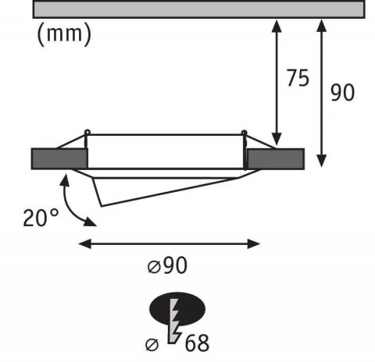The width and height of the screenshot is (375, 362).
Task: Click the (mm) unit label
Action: click(x=63, y=34)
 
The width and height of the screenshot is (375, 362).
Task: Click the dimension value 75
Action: click(x=296, y=79)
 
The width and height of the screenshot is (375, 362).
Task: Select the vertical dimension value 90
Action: click(x=342, y=92)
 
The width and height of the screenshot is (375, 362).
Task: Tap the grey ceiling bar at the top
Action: click(x=198, y=9)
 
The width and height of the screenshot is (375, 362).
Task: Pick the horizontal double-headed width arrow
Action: click(x=170, y=243)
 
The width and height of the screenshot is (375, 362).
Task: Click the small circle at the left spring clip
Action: click(x=87, y=131)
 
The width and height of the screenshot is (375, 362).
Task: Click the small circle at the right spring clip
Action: click(x=245, y=131)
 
